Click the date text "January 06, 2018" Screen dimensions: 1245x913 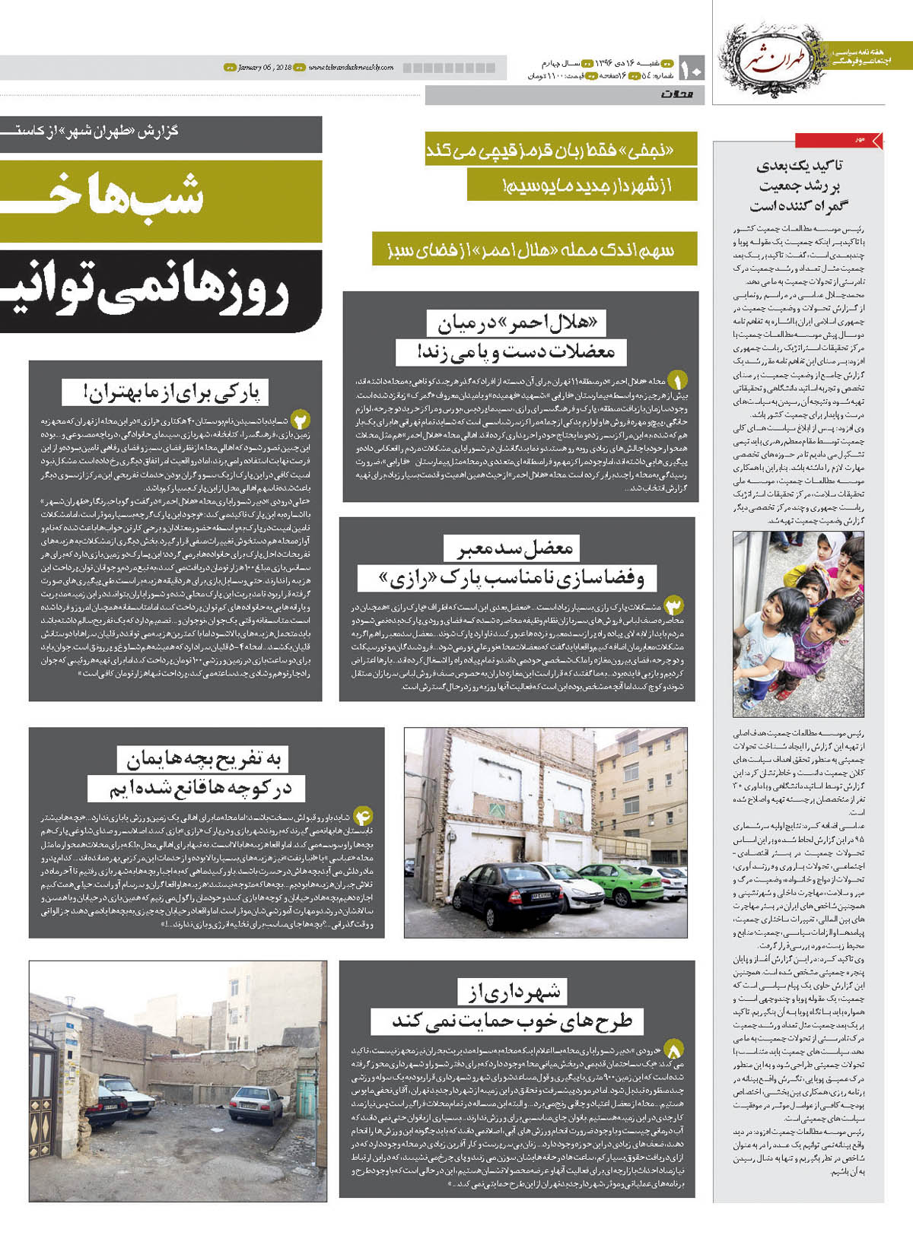pos(264,68)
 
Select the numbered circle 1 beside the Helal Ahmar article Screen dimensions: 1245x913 pos(676,379)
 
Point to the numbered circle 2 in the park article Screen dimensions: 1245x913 pos(301,421)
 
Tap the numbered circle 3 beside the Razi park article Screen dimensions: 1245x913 pos(674,605)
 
